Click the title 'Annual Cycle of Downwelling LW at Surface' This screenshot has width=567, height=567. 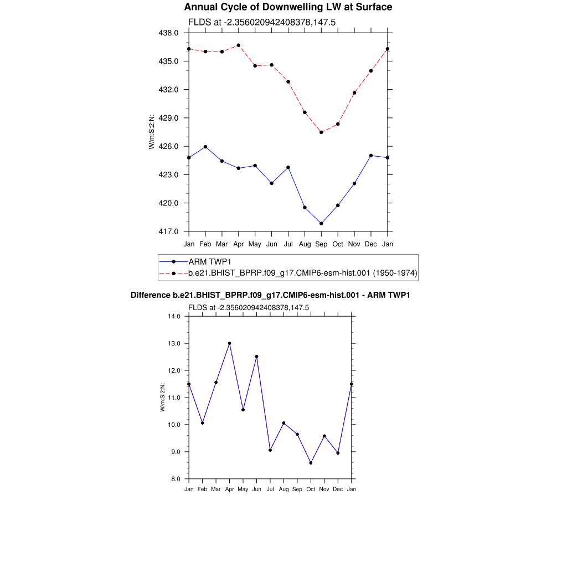point(288,7)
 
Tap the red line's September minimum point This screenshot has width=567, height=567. point(321,132)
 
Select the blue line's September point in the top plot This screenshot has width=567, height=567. point(321,224)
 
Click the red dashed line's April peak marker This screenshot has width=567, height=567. point(239,45)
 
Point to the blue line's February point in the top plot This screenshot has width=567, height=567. point(205,147)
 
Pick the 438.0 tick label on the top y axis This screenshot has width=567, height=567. point(169,33)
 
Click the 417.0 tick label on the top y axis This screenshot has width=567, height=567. point(169,231)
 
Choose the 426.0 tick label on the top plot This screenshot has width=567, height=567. point(169,146)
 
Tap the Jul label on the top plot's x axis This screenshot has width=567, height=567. point(288,244)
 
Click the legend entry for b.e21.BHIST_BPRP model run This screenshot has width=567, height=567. point(303,273)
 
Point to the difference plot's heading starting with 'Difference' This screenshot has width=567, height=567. point(270,295)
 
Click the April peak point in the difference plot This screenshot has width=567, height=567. point(229,343)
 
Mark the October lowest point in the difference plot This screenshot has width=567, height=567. point(311,463)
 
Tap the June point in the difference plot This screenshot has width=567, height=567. point(256,357)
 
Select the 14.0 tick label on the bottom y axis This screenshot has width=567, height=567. point(175,316)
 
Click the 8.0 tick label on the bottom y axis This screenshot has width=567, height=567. point(177,479)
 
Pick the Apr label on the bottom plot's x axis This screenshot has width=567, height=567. point(229,489)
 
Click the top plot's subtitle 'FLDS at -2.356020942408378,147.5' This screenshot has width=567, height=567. point(262,22)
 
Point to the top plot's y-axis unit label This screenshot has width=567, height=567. point(151,132)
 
